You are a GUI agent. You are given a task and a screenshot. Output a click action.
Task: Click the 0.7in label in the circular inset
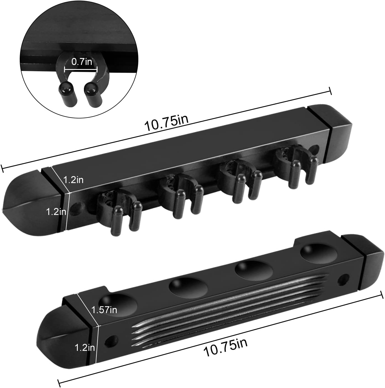click(x=81, y=61)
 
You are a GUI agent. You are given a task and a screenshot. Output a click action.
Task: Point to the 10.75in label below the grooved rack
click(x=225, y=346)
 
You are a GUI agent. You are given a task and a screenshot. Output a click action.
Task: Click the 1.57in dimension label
click(x=104, y=309)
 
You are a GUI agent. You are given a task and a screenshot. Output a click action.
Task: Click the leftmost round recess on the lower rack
click(x=119, y=305)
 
